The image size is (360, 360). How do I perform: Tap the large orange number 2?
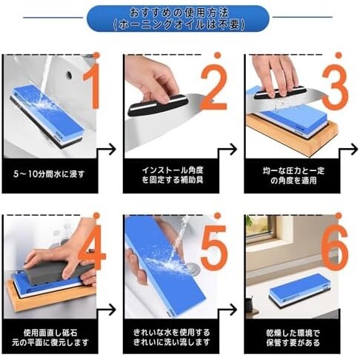pyautogui.click(x=214, y=87)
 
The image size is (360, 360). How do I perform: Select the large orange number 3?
pyautogui.click(x=335, y=87)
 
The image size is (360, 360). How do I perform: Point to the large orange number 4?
pyautogui.click(x=92, y=247)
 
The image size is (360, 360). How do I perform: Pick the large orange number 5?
pyautogui.click(x=214, y=247)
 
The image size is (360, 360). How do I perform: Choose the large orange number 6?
pyautogui.click(x=335, y=247)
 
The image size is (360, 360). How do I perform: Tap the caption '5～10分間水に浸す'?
pyautogui.click(x=49, y=174)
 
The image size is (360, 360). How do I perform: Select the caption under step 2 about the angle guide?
pyautogui.click(x=173, y=175)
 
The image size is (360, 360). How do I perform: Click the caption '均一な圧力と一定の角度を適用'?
pyautogui.click(x=293, y=176)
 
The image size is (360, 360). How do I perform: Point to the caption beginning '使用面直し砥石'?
pyautogui.click(x=50, y=337)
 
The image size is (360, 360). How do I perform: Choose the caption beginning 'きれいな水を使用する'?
pyautogui.click(x=172, y=337)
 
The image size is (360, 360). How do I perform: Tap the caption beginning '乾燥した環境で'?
pyautogui.click(x=293, y=338)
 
